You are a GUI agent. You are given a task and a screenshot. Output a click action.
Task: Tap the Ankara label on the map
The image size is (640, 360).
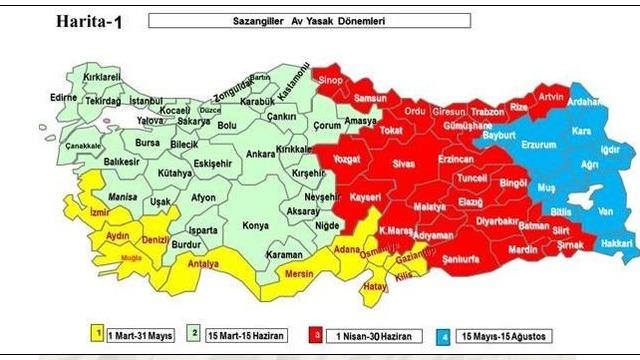[260, 155]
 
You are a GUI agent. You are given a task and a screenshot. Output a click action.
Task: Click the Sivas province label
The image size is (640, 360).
[403, 161]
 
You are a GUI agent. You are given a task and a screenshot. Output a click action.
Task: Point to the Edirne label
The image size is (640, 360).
[63, 97]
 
